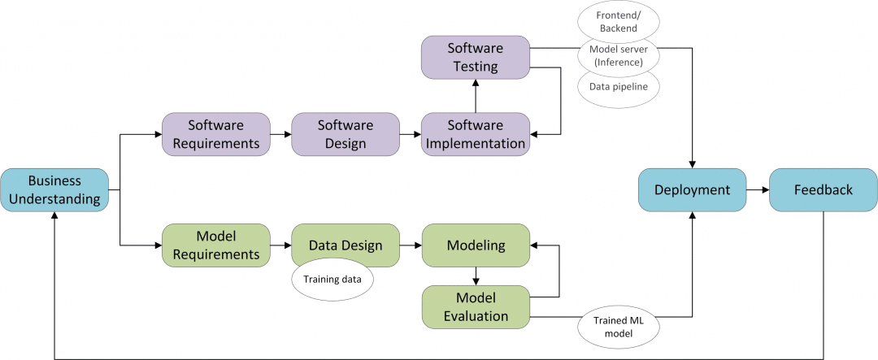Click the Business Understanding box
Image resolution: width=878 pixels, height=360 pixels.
pyautogui.click(x=54, y=189)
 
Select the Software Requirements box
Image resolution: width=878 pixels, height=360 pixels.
pyautogui.click(x=215, y=134)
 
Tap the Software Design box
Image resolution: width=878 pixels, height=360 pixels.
pyautogui.click(x=345, y=134)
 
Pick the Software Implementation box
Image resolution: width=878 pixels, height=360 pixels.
pyautogui.click(x=476, y=134)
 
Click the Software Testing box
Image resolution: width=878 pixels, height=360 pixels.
pyautogui.click(x=476, y=57)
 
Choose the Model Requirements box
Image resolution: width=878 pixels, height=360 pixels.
pyautogui.click(x=215, y=245)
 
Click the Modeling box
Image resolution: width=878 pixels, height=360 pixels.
pyautogui.click(x=476, y=245)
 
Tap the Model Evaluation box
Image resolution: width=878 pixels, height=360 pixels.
pyautogui.click(x=476, y=306)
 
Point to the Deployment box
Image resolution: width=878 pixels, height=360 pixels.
pyautogui.click(x=692, y=189)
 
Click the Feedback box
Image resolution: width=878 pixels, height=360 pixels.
pyautogui.click(x=823, y=189)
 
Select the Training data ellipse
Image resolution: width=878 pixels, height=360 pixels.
pyautogui.click(x=333, y=280)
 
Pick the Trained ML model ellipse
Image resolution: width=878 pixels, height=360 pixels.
pyautogui.click(x=618, y=326)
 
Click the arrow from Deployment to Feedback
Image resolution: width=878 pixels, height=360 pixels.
pyautogui.click(x=757, y=189)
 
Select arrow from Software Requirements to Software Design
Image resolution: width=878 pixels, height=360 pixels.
pyautogui.click(x=280, y=134)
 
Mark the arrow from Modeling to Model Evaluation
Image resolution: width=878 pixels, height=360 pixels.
pyautogui.click(x=476, y=275)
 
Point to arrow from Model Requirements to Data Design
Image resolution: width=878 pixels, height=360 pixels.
pyautogui.click(x=280, y=245)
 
